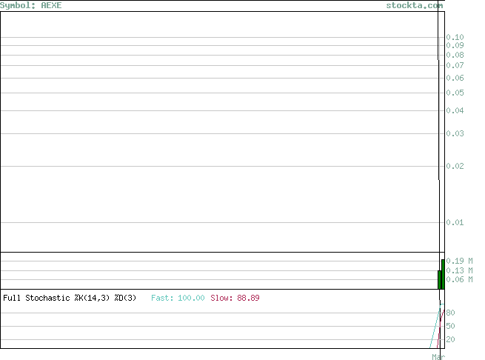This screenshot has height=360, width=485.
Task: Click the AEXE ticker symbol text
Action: tap(51, 5)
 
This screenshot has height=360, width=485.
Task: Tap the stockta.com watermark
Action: tap(415, 5)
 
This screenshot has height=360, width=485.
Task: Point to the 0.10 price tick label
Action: tap(455, 37)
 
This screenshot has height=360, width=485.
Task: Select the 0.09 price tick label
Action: tap(455, 45)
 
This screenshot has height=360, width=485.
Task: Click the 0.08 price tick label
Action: tap(455, 55)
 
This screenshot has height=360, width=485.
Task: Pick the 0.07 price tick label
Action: tap(455, 65)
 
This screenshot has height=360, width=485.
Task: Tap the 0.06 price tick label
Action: tap(455, 78)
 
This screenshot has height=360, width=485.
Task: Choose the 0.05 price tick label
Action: tap(455, 93)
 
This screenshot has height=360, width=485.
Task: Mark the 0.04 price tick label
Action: tap(455, 110)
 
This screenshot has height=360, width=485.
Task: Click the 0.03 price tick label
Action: tap(455, 133)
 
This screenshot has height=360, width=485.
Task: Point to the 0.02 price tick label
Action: tap(455, 166)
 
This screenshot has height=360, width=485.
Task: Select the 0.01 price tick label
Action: tap(455, 222)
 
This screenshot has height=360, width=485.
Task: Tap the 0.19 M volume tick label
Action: tap(459, 261)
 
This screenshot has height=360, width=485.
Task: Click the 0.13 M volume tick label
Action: tap(459, 270)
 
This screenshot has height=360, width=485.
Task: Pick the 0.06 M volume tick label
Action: tap(459, 279)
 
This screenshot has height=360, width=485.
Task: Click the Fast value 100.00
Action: tap(191, 298)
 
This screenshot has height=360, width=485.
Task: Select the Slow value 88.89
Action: tap(248, 298)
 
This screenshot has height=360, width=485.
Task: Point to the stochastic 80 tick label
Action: tap(450, 313)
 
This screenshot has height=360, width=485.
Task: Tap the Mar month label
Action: tap(438, 357)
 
